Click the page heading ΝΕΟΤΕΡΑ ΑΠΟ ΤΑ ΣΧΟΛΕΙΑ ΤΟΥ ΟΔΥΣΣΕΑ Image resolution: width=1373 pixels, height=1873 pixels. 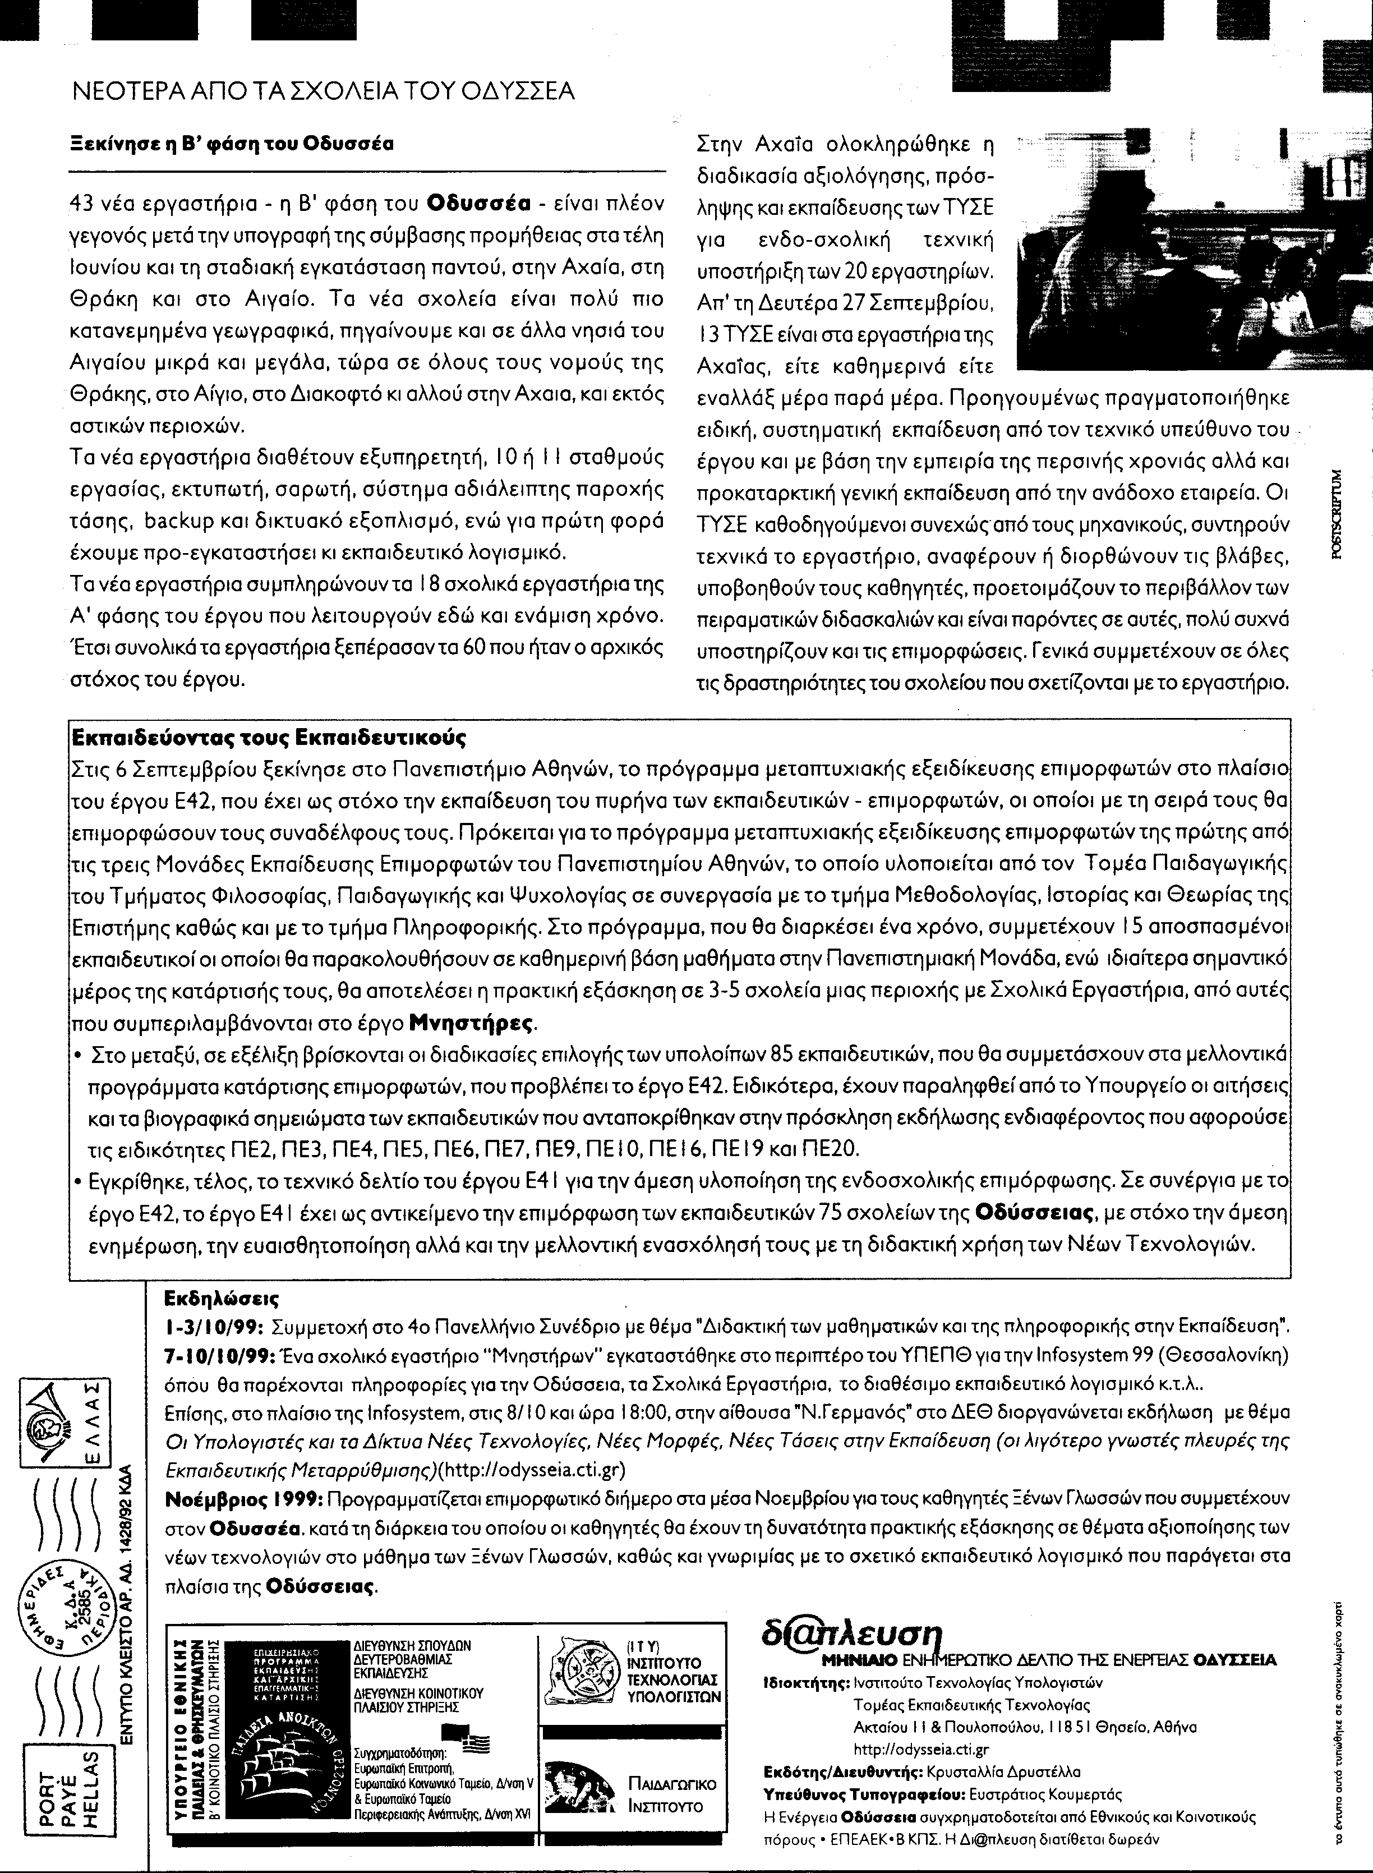pos(324,91)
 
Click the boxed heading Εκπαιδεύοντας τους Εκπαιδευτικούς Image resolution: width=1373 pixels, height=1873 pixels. pos(269,738)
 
